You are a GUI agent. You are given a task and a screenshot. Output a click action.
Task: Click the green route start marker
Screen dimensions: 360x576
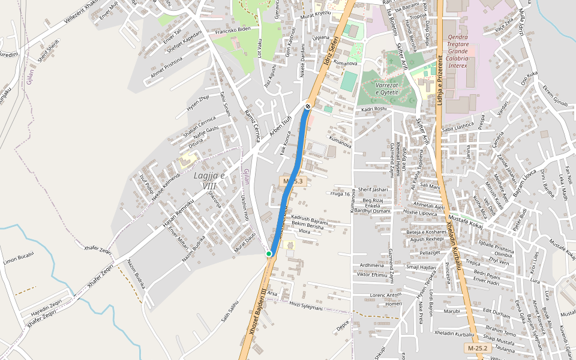click(269, 254)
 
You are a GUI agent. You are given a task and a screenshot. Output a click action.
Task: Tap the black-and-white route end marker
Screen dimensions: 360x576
click(308, 106)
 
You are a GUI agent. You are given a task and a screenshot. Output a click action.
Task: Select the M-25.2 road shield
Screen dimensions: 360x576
click(478, 348)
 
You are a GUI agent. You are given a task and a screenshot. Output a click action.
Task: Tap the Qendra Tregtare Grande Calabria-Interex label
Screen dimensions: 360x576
click(466, 51)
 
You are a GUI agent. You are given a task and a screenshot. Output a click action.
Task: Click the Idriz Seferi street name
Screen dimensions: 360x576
click(330, 50)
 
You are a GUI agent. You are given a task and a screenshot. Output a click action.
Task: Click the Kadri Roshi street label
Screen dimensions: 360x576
click(373, 109)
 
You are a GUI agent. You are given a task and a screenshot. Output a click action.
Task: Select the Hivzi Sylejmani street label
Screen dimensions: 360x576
click(306, 307)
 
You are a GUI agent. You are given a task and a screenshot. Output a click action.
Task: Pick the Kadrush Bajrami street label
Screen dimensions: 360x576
click(310, 218)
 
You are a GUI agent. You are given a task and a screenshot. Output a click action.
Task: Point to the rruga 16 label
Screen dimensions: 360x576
click(340, 194)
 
